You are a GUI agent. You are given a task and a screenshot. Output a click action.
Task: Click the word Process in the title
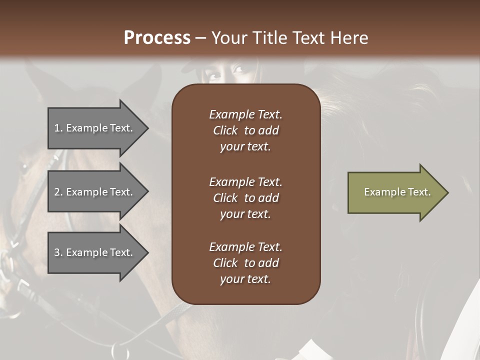(x=156, y=38)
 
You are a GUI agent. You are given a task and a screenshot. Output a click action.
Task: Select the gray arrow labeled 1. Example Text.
(x=95, y=128)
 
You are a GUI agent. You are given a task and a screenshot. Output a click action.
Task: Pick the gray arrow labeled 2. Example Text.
(x=95, y=192)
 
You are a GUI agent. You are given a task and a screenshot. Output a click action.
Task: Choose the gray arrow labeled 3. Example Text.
(x=95, y=252)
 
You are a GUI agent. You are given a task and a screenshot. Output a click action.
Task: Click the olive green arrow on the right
(x=395, y=192)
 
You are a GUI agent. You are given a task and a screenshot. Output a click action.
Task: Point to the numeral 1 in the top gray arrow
(x=57, y=128)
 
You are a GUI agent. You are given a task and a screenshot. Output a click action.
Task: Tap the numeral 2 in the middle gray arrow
(x=57, y=192)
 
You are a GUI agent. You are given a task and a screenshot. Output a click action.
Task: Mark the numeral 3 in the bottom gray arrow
(x=57, y=252)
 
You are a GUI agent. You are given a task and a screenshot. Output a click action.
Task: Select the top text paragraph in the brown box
(x=245, y=130)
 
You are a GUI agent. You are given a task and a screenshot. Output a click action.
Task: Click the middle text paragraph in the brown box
(x=245, y=198)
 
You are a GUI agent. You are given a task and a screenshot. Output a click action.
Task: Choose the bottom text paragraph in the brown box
(x=245, y=263)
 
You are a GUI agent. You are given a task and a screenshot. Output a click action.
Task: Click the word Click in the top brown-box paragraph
(x=225, y=130)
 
